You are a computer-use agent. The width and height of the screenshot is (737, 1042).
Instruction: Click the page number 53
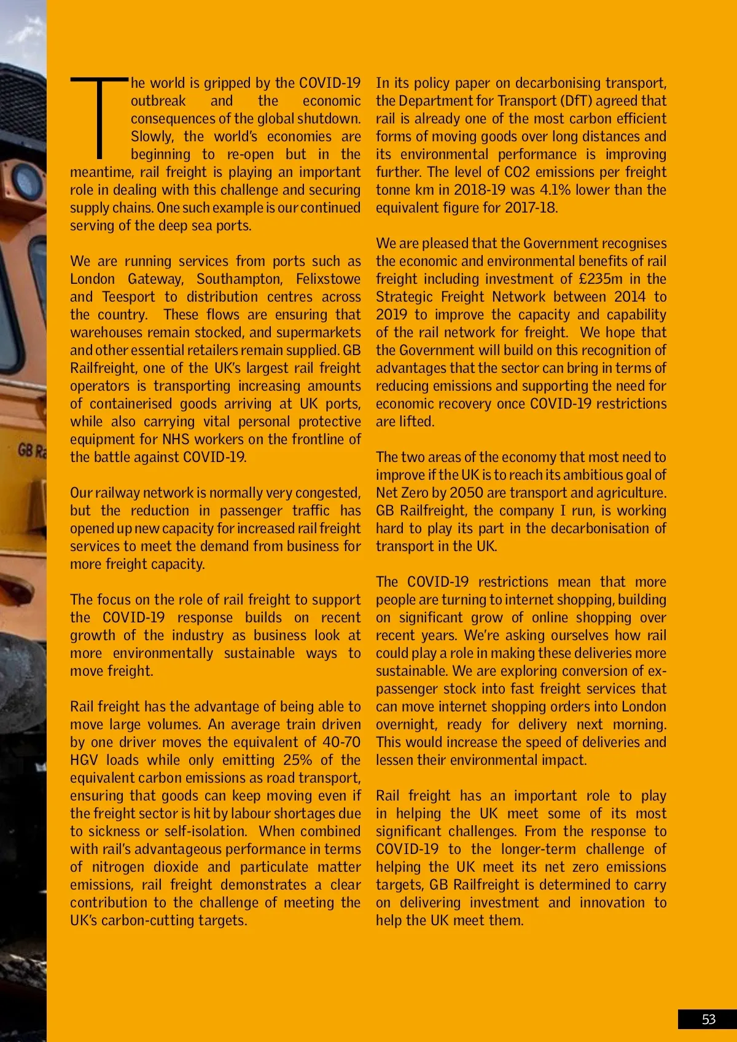pyautogui.click(x=709, y=1019)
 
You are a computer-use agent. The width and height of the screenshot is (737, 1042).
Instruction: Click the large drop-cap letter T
pyautogui.click(x=99, y=117)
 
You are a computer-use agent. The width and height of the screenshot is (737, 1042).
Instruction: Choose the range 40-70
pyautogui.click(x=341, y=742)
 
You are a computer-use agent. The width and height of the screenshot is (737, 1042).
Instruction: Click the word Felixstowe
pyautogui.click(x=328, y=279)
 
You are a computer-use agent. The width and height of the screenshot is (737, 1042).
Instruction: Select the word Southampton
pyautogui.click(x=240, y=279)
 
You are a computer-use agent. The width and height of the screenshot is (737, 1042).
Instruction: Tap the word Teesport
pyautogui.click(x=128, y=297)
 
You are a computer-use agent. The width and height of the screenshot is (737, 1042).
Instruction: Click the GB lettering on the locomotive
pyautogui.click(x=25, y=450)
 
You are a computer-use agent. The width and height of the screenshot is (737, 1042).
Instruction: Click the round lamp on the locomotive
pyautogui.click(x=26, y=182)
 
